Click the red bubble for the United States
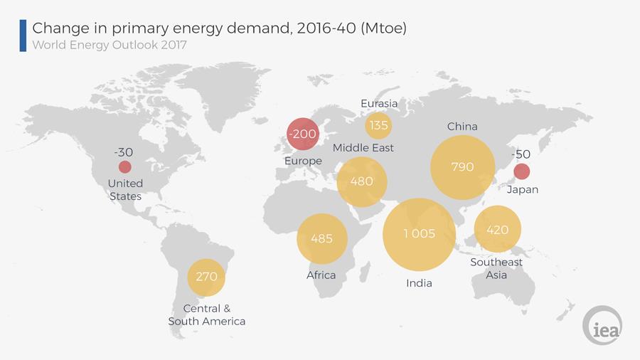(x=124, y=167)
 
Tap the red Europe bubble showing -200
(x=303, y=133)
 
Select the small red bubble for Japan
(x=521, y=171)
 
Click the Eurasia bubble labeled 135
(x=378, y=125)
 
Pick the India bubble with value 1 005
(x=419, y=234)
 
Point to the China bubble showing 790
(x=462, y=167)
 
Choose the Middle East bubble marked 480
(x=361, y=181)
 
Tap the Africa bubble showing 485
(x=321, y=238)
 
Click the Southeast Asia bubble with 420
(x=497, y=229)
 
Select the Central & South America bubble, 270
(x=206, y=276)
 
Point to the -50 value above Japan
(x=522, y=154)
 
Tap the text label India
(x=418, y=283)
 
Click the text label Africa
(x=321, y=275)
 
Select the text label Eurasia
(x=379, y=104)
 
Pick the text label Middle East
(x=363, y=148)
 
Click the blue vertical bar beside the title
(x=23, y=36)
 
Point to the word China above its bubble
(x=462, y=127)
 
